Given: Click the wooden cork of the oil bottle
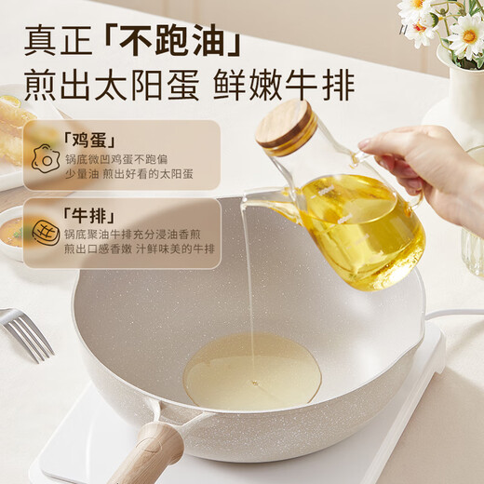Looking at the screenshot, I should (x=286, y=128).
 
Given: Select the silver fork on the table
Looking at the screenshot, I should (x=25, y=334).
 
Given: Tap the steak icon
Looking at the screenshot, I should (x=45, y=233).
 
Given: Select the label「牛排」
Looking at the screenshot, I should (x=87, y=213).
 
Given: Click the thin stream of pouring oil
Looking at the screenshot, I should (x=248, y=279).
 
